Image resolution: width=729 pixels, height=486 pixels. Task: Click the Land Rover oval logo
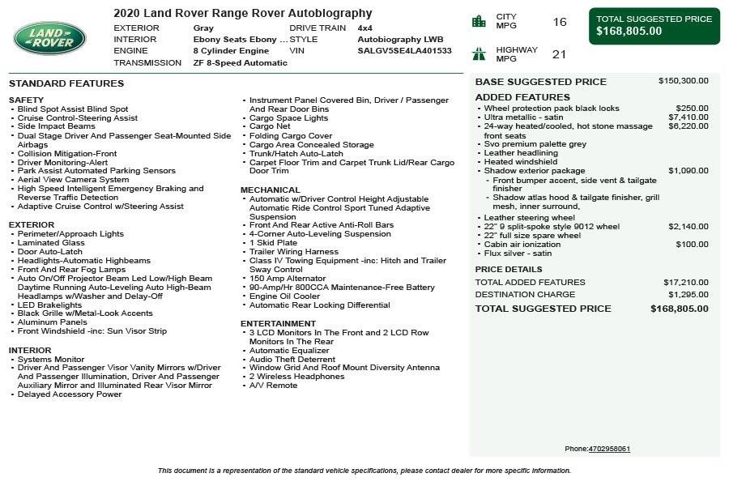(49, 38)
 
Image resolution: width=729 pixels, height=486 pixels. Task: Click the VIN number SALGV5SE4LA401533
(404, 50)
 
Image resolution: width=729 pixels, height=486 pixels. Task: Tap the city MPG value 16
(560, 22)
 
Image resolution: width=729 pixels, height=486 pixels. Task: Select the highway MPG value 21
(559, 54)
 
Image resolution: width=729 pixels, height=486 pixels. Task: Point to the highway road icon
(479, 54)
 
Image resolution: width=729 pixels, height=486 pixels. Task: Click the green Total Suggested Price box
(654, 26)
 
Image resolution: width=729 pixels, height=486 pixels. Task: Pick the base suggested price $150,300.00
(683, 81)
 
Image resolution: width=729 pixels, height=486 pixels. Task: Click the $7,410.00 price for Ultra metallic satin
(688, 117)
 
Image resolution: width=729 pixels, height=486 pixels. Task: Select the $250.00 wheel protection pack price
(692, 108)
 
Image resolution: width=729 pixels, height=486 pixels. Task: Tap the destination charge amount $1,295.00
(688, 294)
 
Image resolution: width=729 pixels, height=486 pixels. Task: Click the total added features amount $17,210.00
(685, 282)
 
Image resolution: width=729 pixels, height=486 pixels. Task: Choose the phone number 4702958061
(609, 449)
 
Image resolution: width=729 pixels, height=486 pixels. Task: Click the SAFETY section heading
(26, 100)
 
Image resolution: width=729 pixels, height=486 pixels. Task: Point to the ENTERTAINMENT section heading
(278, 323)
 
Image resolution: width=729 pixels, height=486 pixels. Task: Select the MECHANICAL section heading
(270, 190)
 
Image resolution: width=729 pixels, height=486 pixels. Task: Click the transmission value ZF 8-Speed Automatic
(240, 62)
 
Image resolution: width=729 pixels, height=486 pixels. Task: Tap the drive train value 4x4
(365, 28)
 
